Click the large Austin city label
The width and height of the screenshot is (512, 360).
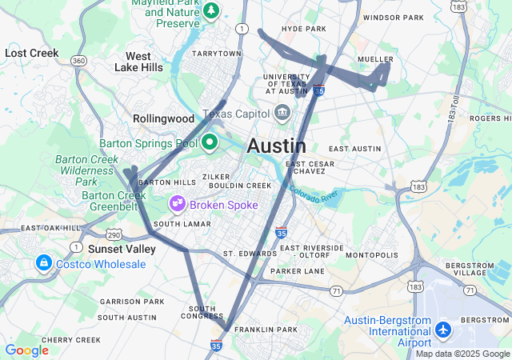276,146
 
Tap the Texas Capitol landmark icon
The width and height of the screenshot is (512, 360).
282,113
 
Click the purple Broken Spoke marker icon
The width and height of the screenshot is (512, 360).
179,204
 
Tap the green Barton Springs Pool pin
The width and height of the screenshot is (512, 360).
210,143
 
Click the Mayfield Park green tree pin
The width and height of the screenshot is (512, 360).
211,11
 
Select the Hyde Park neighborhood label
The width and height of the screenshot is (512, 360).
304,29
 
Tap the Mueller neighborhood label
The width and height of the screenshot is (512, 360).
375,59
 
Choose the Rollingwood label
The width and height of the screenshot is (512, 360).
164,118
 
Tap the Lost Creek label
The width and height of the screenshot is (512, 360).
32,53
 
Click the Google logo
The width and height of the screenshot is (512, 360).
26,350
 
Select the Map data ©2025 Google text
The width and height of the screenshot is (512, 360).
462,354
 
